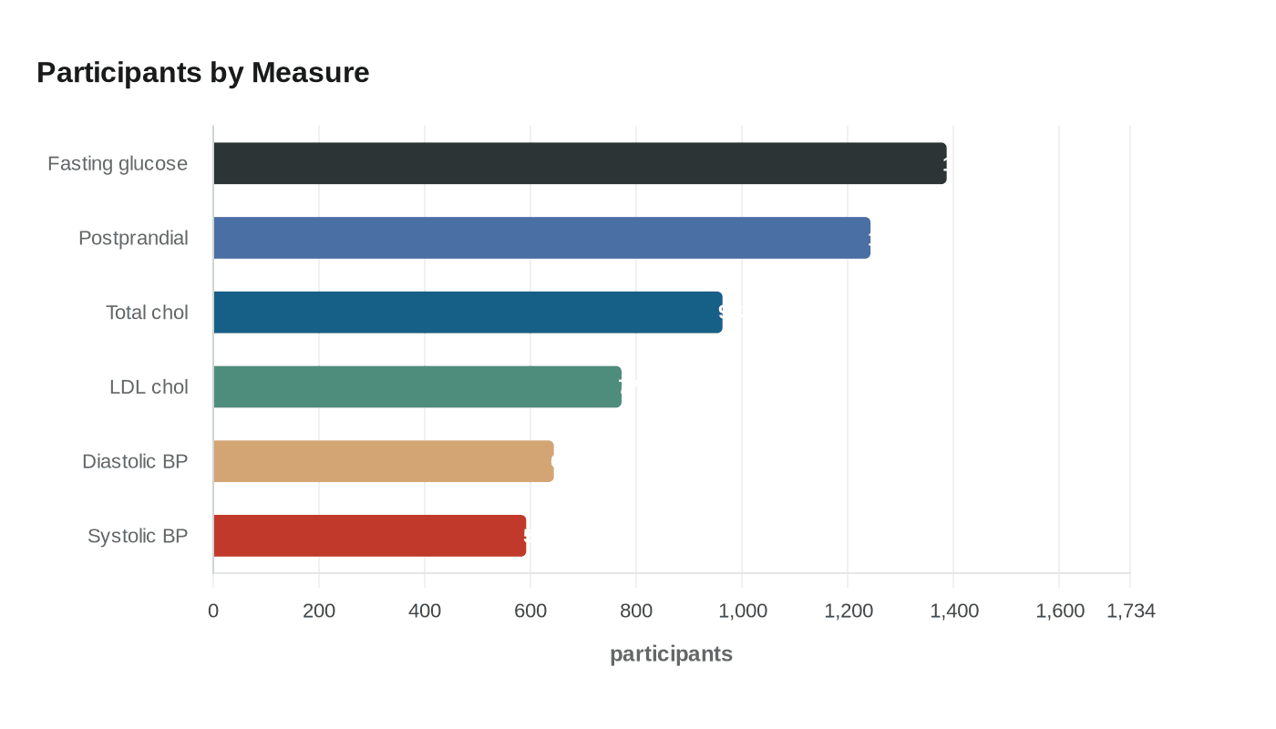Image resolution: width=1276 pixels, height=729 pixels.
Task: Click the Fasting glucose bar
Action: [x=580, y=163]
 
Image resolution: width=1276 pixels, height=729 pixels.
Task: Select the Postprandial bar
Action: [x=541, y=238]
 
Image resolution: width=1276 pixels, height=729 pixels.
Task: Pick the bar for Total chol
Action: [x=468, y=313]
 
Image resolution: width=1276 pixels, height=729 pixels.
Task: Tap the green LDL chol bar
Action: [x=417, y=386]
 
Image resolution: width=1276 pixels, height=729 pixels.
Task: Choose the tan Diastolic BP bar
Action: [x=383, y=461]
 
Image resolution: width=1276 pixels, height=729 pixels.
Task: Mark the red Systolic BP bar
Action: [x=369, y=536]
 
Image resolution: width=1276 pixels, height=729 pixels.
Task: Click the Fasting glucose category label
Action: [x=118, y=164]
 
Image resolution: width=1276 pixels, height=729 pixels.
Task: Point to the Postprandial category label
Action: [x=133, y=239]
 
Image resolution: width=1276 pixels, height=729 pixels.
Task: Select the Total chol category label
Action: [x=147, y=313]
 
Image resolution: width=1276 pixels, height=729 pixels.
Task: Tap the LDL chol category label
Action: [x=149, y=387]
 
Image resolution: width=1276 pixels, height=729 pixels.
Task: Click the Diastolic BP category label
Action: [x=135, y=462]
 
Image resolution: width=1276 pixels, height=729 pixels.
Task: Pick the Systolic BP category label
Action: [x=138, y=536]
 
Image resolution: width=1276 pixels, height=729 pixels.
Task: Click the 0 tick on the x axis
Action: [x=213, y=611]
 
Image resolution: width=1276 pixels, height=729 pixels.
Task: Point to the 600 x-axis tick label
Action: [x=530, y=611]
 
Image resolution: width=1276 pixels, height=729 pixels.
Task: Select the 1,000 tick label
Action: [x=743, y=611]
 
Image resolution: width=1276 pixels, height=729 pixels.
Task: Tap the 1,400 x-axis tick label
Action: [x=954, y=611]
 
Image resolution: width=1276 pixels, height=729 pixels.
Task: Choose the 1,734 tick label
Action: [x=1130, y=611]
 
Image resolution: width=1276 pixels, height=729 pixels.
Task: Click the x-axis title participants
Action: [x=671, y=654]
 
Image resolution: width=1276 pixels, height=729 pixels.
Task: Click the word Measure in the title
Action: [x=311, y=72]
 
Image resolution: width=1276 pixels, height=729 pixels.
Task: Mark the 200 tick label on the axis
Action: [x=319, y=611]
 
